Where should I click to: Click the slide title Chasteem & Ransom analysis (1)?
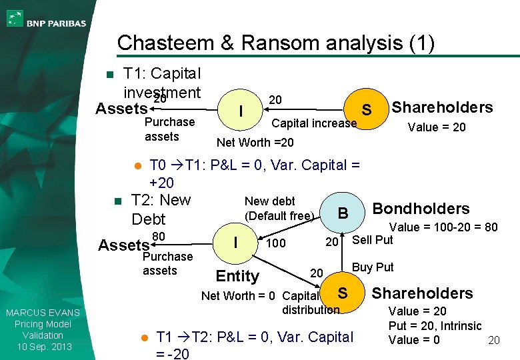(275, 43)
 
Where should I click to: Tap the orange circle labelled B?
(343, 213)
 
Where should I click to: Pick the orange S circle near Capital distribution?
(342, 293)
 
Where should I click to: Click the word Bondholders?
(421, 209)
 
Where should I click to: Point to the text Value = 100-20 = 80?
(443, 227)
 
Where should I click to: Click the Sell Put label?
(372, 240)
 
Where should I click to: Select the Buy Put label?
(373, 267)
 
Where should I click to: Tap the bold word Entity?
(237, 276)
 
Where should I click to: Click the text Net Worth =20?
(255, 142)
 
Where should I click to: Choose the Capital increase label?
(313, 123)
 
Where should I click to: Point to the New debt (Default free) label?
(279, 208)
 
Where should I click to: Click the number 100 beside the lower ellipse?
(275, 243)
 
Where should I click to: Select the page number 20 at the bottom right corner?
(494, 341)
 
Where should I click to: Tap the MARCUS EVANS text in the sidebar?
(42, 313)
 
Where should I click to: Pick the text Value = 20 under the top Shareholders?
(437, 127)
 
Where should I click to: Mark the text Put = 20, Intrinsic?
(435, 326)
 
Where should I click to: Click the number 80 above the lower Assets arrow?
(159, 237)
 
